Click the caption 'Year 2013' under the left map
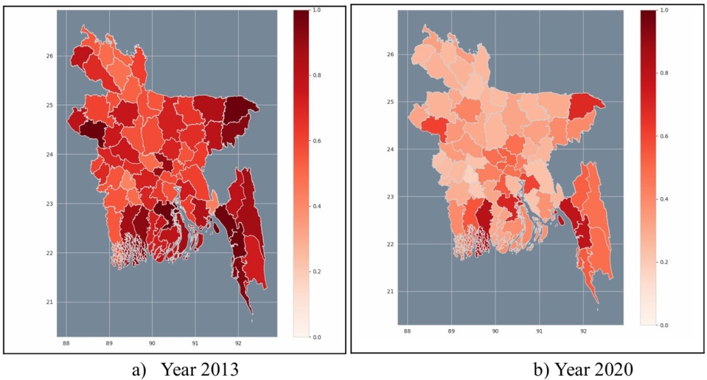tap(199, 370)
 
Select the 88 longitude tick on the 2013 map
tap(66, 343)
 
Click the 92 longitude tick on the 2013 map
tap(238, 343)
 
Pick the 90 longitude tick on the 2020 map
tap(495, 331)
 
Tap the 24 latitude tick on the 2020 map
tap(390, 149)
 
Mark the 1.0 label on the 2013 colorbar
tap(315, 11)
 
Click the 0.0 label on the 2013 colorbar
tap(315, 337)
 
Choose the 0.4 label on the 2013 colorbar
tap(315, 207)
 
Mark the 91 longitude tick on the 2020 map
tap(539, 331)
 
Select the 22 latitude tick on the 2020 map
tap(390, 244)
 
